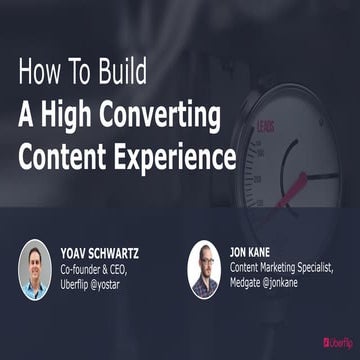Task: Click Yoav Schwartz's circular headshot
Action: pyautogui.click(x=34, y=269)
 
